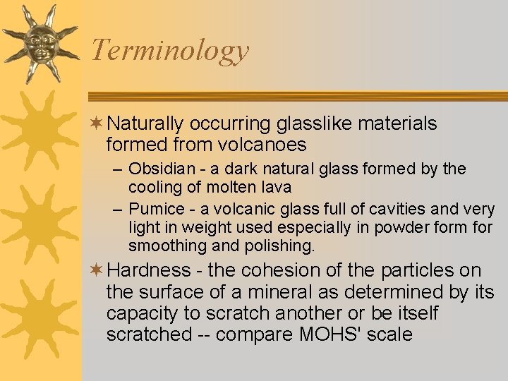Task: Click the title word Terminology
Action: click(170, 50)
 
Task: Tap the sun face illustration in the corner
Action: click(40, 42)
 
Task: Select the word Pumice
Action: click(155, 210)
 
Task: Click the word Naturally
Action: click(145, 124)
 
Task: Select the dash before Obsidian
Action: click(118, 169)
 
